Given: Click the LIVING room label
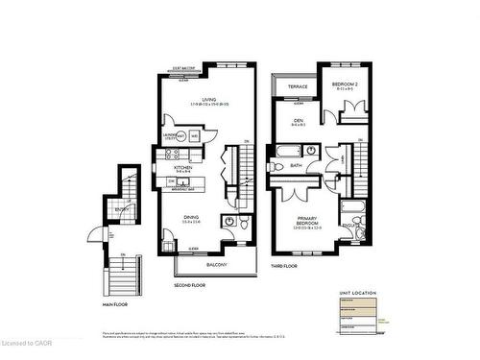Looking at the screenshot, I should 202,99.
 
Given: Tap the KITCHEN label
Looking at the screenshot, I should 183,166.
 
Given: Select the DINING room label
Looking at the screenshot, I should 192,217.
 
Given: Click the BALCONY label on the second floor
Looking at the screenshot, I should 217,264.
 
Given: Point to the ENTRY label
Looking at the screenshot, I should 122,209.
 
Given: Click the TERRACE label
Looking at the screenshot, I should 299,87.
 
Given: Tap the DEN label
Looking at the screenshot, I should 299,121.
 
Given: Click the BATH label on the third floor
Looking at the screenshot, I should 297,164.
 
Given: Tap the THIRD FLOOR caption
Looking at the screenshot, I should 283,265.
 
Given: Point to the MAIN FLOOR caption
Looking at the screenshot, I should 114,303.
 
